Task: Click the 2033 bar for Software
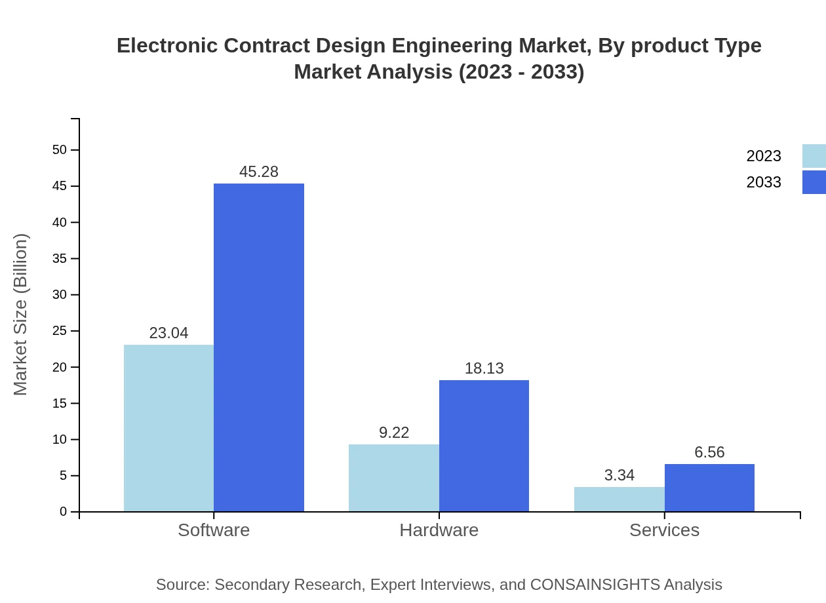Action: pyautogui.click(x=259, y=347)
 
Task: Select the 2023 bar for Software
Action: pyautogui.click(x=168, y=428)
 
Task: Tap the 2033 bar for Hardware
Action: pyautogui.click(x=484, y=446)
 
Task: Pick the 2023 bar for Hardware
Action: pyautogui.click(x=393, y=478)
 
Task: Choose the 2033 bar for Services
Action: pyautogui.click(x=709, y=488)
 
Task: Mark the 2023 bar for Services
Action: pyautogui.click(x=619, y=499)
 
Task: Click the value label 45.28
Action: pyautogui.click(x=259, y=172)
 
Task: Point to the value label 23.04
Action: pyautogui.click(x=168, y=333)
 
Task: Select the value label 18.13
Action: pyautogui.click(x=484, y=368)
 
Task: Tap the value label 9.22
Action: pyautogui.click(x=394, y=433)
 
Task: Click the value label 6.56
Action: pyautogui.click(x=709, y=452)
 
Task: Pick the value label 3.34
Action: pyautogui.click(x=619, y=475)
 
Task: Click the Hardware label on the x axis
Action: pyautogui.click(x=439, y=530)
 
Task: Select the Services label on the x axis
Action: pyautogui.click(x=664, y=530)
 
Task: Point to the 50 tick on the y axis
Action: pyautogui.click(x=60, y=150)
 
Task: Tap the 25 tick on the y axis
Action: pyautogui.click(x=60, y=331)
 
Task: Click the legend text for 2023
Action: pyautogui.click(x=763, y=156)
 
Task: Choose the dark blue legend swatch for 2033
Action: pyautogui.click(x=814, y=182)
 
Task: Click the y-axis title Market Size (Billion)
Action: pyautogui.click(x=20, y=315)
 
